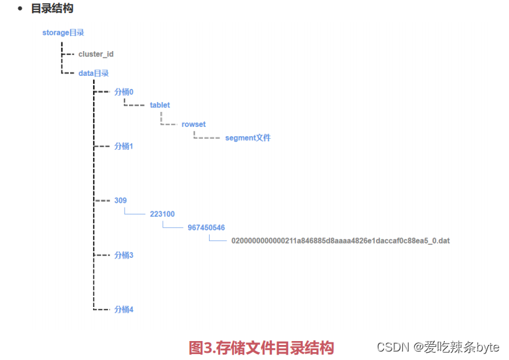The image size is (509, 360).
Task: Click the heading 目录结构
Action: [x=52, y=9]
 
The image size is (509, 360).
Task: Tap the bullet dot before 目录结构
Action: [x=20, y=9]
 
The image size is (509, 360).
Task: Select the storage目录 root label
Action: [x=63, y=32]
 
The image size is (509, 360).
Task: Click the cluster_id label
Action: [x=96, y=54]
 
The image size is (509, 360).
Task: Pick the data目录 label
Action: [x=93, y=73]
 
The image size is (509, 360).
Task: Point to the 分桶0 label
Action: [x=124, y=92]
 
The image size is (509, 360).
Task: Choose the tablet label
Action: [x=160, y=105]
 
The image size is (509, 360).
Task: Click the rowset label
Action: [x=194, y=124]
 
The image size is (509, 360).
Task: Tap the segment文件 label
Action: [x=248, y=138]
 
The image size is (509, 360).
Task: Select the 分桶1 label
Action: [x=124, y=146]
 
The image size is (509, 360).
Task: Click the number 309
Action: [x=121, y=200]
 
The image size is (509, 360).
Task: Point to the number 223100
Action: [x=162, y=214]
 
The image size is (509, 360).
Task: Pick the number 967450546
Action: [x=206, y=228]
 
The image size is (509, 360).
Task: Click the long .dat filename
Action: [x=340, y=241]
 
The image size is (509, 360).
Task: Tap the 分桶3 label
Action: [x=124, y=255]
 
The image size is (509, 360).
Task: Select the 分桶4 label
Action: [x=124, y=309]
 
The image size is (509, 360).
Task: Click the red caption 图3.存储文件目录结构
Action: [x=261, y=348]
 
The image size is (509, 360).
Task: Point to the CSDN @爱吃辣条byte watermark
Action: [x=438, y=347]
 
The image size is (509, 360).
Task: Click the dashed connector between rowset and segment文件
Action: [x=206, y=137]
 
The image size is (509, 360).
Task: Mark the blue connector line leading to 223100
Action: [x=134, y=213]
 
